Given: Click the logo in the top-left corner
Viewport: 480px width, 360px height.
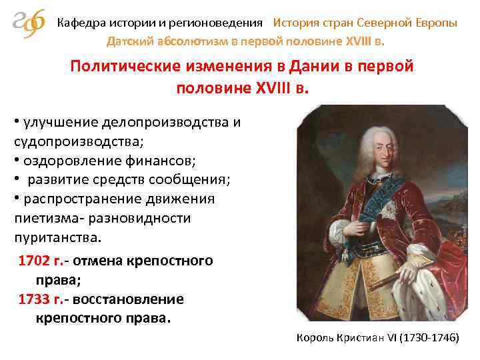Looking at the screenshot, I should click(29, 26).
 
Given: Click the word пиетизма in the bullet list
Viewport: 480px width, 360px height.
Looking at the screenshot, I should click(39, 218).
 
